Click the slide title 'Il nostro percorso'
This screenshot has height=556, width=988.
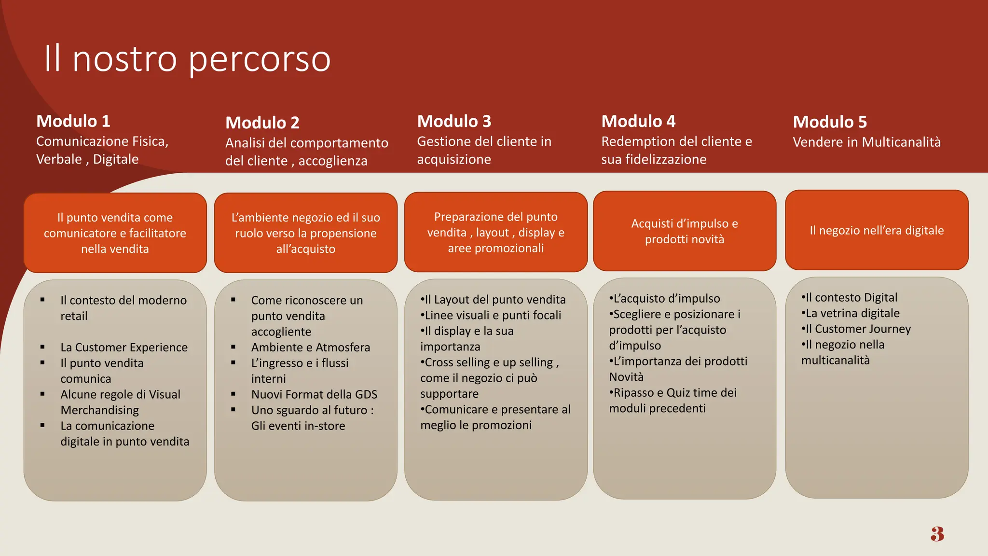(187, 59)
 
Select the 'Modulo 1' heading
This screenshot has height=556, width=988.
(73, 121)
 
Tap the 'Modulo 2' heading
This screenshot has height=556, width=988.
(262, 123)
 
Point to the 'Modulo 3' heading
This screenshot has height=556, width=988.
(454, 121)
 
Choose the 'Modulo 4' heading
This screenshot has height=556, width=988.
(638, 121)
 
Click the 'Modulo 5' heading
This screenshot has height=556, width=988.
(830, 122)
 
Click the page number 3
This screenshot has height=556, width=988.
(937, 534)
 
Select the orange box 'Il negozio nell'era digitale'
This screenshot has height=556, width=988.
(877, 230)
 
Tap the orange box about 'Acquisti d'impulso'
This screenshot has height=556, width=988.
(684, 231)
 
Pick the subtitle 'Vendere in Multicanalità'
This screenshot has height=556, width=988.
(866, 142)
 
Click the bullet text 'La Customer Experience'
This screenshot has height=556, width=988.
(124, 347)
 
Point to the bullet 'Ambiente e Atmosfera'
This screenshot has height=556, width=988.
(311, 347)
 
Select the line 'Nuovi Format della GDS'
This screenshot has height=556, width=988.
(314, 395)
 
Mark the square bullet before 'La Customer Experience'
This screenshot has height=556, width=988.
(42, 347)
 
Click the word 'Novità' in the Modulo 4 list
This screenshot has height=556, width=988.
(626, 377)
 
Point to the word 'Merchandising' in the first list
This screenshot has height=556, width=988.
(99, 410)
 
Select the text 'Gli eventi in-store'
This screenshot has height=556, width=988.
(298, 426)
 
